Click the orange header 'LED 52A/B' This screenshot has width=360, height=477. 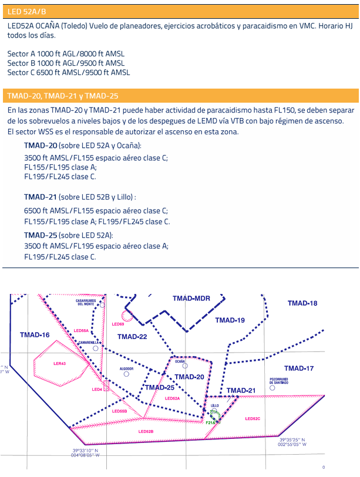(x=26, y=12)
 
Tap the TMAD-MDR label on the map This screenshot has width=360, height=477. (x=191, y=299)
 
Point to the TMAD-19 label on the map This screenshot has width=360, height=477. (x=230, y=320)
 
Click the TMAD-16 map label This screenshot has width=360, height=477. (x=35, y=335)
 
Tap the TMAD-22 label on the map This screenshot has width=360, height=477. (x=132, y=337)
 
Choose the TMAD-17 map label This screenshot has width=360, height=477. (x=299, y=368)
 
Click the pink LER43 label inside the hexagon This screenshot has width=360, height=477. (x=59, y=364)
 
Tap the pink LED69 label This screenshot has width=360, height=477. (x=117, y=324)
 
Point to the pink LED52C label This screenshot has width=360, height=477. (x=253, y=418)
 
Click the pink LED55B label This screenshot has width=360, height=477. (x=119, y=411)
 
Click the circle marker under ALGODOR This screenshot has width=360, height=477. (x=126, y=374)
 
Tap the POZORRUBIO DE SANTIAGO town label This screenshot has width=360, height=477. (x=279, y=381)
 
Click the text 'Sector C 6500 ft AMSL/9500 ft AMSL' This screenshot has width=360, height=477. (x=69, y=73)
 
